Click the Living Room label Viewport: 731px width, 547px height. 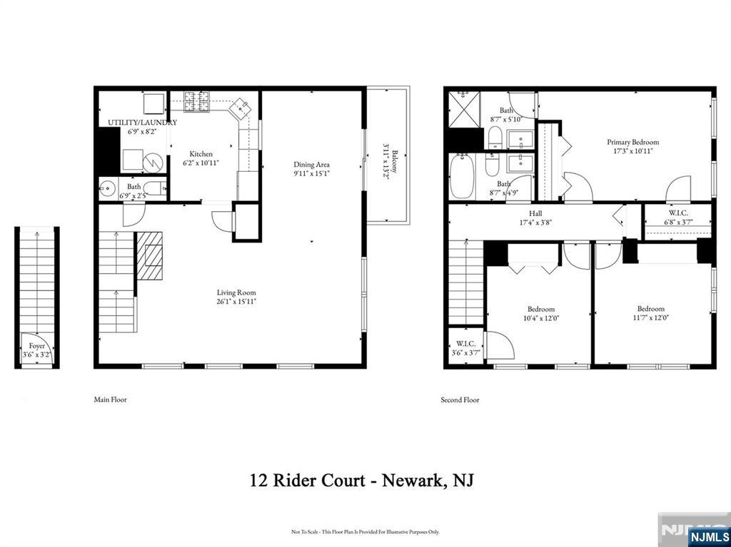tap(236, 292)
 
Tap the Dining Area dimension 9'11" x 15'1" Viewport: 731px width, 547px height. tap(311, 173)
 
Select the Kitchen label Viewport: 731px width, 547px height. tap(201, 154)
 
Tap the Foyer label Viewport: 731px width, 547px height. tap(36, 345)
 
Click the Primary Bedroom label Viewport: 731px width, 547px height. tap(632, 142)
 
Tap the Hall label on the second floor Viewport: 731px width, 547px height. tap(535, 213)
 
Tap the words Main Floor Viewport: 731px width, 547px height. tap(110, 400)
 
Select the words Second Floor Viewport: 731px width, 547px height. tap(460, 400)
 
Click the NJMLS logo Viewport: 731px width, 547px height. tap(709, 536)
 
